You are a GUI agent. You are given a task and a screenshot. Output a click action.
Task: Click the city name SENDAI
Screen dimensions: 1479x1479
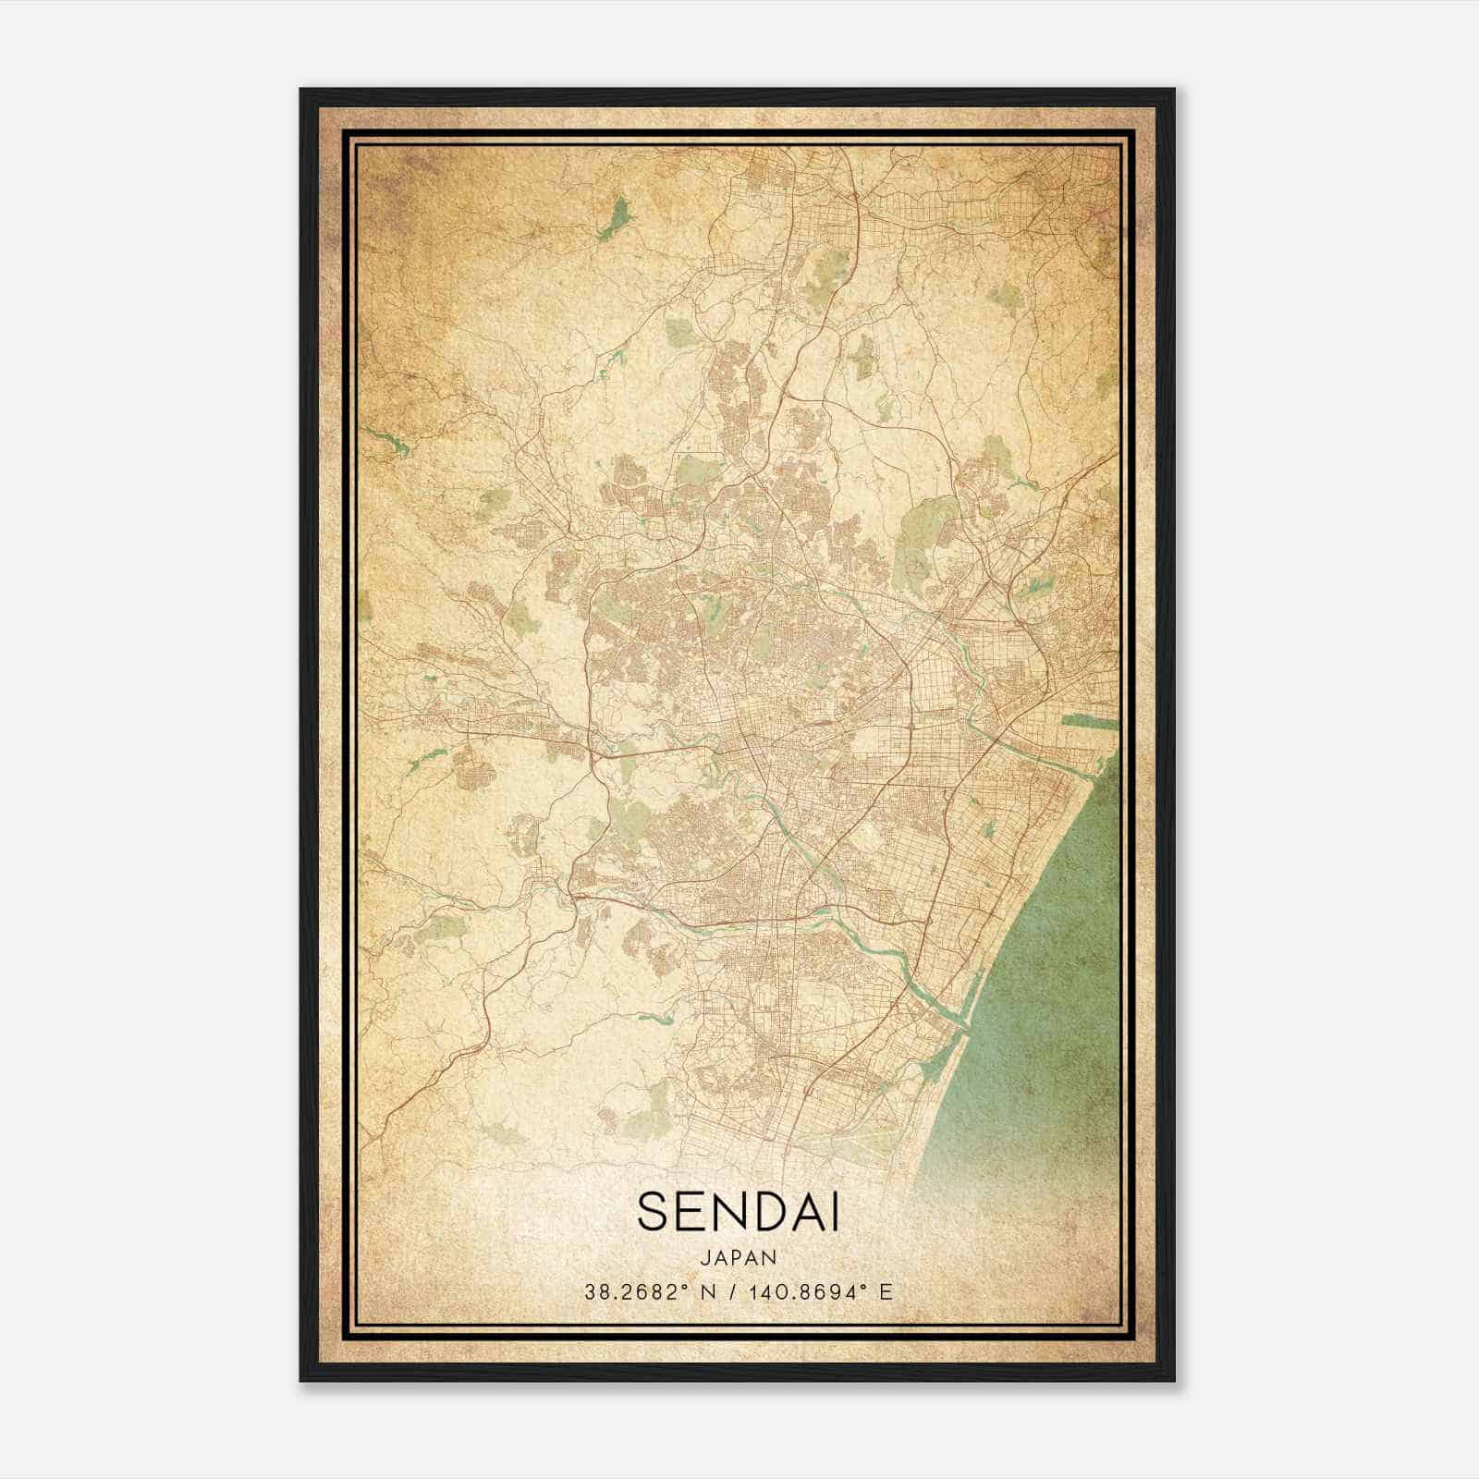coord(738,1212)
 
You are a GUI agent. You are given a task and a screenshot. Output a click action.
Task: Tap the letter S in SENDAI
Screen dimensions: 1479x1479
coord(652,1212)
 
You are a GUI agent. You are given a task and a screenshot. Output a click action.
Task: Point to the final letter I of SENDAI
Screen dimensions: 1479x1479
coord(835,1212)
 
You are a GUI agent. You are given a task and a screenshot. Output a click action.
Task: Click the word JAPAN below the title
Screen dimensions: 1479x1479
coord(738,1258)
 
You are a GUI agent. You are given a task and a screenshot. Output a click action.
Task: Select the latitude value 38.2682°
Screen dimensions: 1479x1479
coord(637,1292)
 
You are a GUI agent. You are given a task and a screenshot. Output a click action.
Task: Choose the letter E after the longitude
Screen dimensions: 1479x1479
coord(886,1292)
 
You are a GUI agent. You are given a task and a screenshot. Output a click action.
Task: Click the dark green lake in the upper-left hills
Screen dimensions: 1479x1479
coord(613,219)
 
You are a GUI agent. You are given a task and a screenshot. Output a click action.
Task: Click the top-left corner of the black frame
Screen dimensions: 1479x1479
coord(302,91)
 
